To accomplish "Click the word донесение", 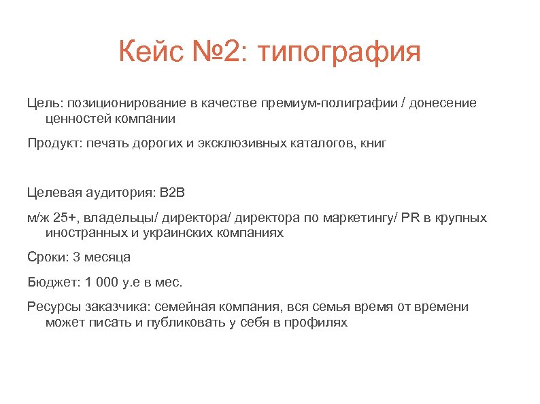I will [445, 103].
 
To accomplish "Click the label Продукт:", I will [55, 144].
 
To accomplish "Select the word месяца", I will [109, 257].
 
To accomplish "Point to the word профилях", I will [318, 323].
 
